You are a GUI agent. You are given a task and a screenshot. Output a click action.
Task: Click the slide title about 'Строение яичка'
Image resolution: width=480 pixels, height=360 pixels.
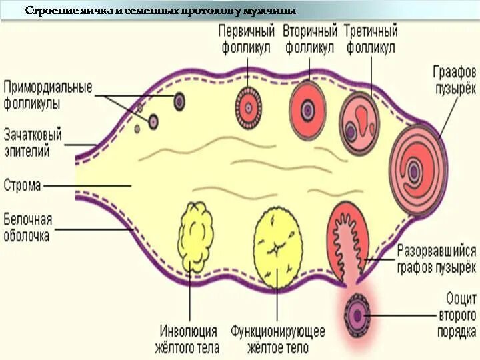coord(160,11)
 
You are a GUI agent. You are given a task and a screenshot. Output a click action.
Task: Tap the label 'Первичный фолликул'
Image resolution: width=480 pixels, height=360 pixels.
coord(247,39)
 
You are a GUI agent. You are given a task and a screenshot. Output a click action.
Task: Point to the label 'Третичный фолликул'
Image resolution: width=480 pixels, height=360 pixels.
coord(371,39)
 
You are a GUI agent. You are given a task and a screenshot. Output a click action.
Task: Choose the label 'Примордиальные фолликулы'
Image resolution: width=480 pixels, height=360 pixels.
coord(47,95)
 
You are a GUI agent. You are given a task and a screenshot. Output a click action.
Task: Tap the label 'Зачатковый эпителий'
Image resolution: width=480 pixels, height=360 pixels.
coord(33,143)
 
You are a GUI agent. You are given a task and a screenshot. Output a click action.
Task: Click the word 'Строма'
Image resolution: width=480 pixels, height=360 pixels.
coord(22,185)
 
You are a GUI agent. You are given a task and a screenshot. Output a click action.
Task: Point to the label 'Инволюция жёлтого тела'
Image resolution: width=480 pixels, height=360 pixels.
coord(189,338)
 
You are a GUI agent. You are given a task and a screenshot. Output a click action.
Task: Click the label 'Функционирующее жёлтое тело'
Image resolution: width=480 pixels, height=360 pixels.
coord(277,338)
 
